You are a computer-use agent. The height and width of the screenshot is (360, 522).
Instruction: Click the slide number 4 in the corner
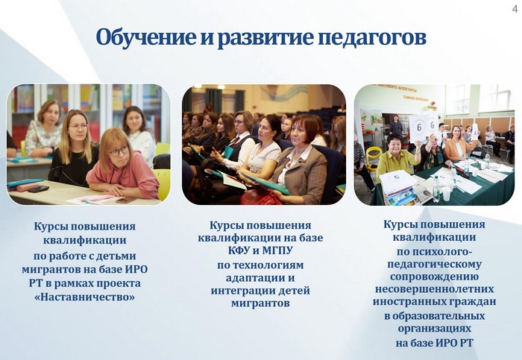tap(515, 9)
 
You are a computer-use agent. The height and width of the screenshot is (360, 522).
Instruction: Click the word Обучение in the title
tap(146, 37)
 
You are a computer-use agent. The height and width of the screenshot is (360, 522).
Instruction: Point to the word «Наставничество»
tap(84, 297)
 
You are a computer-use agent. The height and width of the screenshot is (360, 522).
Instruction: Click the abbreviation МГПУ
tap(277, 250)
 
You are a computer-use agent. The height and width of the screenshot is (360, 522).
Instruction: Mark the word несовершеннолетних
tap(434, 288)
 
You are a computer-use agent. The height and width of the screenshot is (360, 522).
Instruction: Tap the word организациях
tap(435, 329)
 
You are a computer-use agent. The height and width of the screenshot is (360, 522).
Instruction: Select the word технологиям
tap(260, 265)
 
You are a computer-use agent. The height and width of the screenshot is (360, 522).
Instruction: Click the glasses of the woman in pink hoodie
tap(119, 151)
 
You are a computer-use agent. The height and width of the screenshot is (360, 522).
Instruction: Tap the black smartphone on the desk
tap(38, 189)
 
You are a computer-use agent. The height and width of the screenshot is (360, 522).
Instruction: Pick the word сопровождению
tap(434, 277)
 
